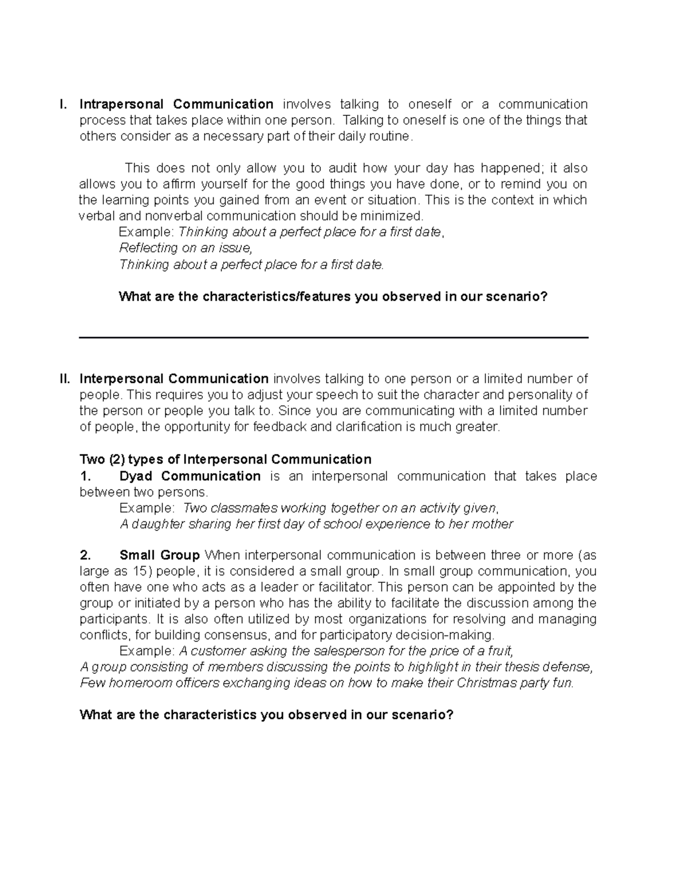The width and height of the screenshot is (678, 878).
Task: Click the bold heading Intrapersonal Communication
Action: [176, 104]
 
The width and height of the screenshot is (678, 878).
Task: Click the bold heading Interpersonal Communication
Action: [174, 378]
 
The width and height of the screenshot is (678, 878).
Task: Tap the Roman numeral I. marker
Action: [63, 104]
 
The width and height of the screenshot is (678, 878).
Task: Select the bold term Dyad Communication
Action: [190, 476]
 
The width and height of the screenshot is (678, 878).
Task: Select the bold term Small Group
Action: [159, 555]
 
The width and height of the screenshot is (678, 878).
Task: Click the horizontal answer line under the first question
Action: [333, 338]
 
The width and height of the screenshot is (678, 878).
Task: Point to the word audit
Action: [342, 168]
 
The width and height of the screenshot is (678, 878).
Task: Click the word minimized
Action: [394, 216]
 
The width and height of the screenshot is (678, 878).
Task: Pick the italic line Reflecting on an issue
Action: [184, 248]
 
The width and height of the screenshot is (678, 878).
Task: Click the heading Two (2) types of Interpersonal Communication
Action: [225, 459]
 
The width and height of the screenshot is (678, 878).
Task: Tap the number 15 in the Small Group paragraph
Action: [140, 571]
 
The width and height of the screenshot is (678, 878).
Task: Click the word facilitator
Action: [346, 587]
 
